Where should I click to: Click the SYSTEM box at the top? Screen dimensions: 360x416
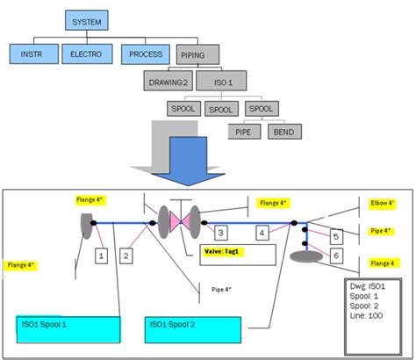tap(90, 19)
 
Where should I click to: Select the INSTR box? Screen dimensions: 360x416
tap(32, 54)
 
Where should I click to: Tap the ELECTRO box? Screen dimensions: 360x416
tap(85, 54)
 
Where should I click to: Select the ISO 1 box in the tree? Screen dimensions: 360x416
tap(224, 83)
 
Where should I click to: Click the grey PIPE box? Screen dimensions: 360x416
tap(242, 133)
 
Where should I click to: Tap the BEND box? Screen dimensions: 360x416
tap(283, 133)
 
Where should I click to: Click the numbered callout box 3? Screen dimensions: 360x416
tap(222, 233)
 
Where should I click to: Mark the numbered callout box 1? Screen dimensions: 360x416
tap(101, 256)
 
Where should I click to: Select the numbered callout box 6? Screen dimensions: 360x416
tap(336, 255)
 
